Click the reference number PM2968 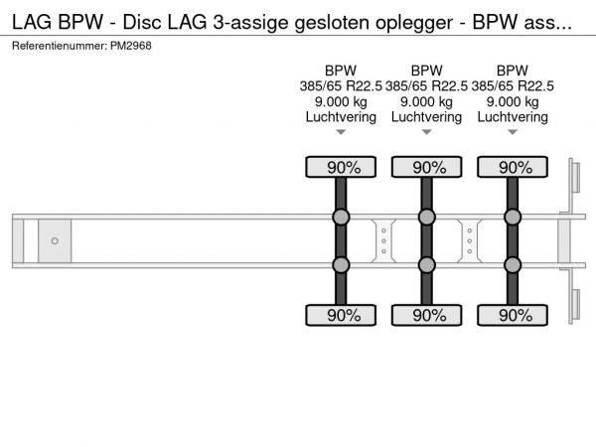tap(131, 46)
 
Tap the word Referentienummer tap(60, 46)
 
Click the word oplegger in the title tap(414, 23)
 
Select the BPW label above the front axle tap(341, 71)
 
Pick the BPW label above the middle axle tap(426, 71)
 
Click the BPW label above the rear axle tap(513, 71)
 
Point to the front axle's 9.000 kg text tap(341, 102)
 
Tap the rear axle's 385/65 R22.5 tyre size tap(513, 86)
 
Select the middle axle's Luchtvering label tap(426, 117)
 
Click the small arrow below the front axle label tap(341, 132)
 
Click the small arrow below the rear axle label tap(513, 132)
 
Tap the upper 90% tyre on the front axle tap(341, 167)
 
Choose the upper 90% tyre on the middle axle tap(427, 167)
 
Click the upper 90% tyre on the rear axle tap(513, 167)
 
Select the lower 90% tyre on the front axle tap(341, 315)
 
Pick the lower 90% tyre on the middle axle tap(427, 315)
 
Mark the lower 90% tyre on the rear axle tap(513, 315)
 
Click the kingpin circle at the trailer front tap(55, 241)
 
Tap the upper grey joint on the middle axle tap(427, 217)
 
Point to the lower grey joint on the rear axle tap(513, 265)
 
